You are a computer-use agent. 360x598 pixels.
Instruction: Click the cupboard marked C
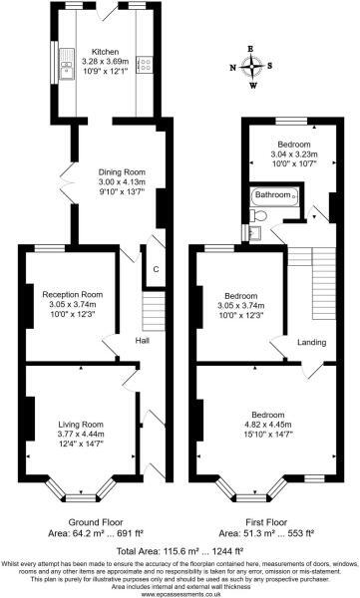tap(156, 269)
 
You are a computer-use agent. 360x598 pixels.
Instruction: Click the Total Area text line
tap(180, 550)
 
